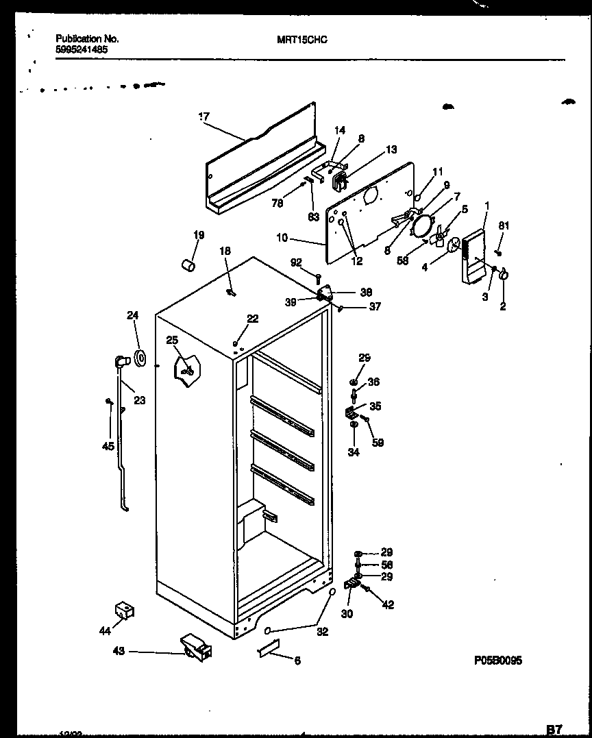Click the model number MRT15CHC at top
302,40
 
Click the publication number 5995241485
81,49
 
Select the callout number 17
203,117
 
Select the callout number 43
119,652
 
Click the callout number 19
198,236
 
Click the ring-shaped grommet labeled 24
140,357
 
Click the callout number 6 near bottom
297,661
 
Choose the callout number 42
388,605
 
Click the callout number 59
378,443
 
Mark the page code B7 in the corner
556,730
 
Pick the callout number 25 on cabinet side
171,341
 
